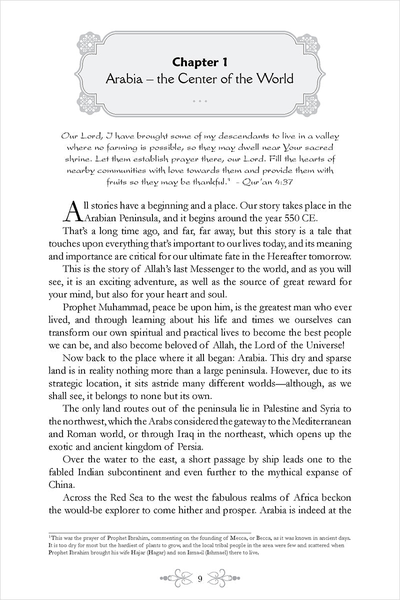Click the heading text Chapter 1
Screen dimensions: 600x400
199,63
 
